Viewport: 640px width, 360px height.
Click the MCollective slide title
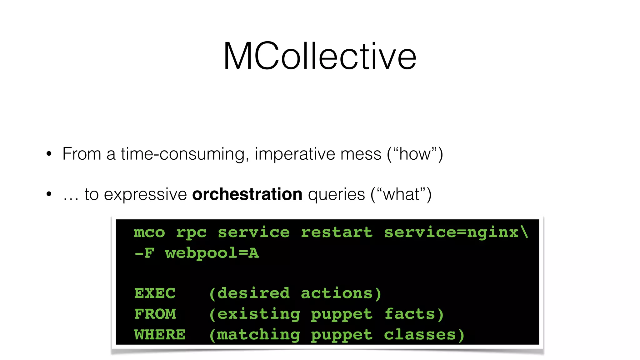click(320, 56)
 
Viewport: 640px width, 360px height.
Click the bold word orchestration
click(247, 194)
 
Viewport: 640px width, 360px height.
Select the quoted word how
click(415, 154)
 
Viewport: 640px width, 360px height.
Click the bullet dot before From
click(49, 154)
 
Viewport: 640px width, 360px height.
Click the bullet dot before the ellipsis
click(49, 194)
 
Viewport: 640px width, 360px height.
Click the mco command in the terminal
click(149, 232)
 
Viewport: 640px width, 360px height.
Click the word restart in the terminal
click(337, 232)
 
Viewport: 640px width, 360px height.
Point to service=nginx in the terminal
click(451, 232)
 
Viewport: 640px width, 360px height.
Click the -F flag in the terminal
click(144, 253)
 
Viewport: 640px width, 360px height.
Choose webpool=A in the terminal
click(212, 253)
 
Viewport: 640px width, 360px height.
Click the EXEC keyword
click(155, 293)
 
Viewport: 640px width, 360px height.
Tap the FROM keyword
click(155, 314)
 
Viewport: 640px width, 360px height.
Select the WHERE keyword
click(160, 335)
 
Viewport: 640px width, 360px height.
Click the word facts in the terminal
click(410, 314)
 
